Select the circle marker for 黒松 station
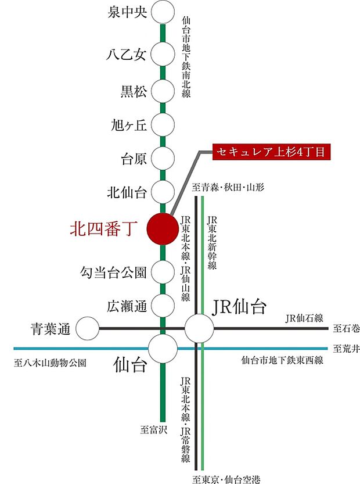163,90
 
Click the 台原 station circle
163,157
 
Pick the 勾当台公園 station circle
163,271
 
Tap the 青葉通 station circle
88,329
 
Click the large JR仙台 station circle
199,329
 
